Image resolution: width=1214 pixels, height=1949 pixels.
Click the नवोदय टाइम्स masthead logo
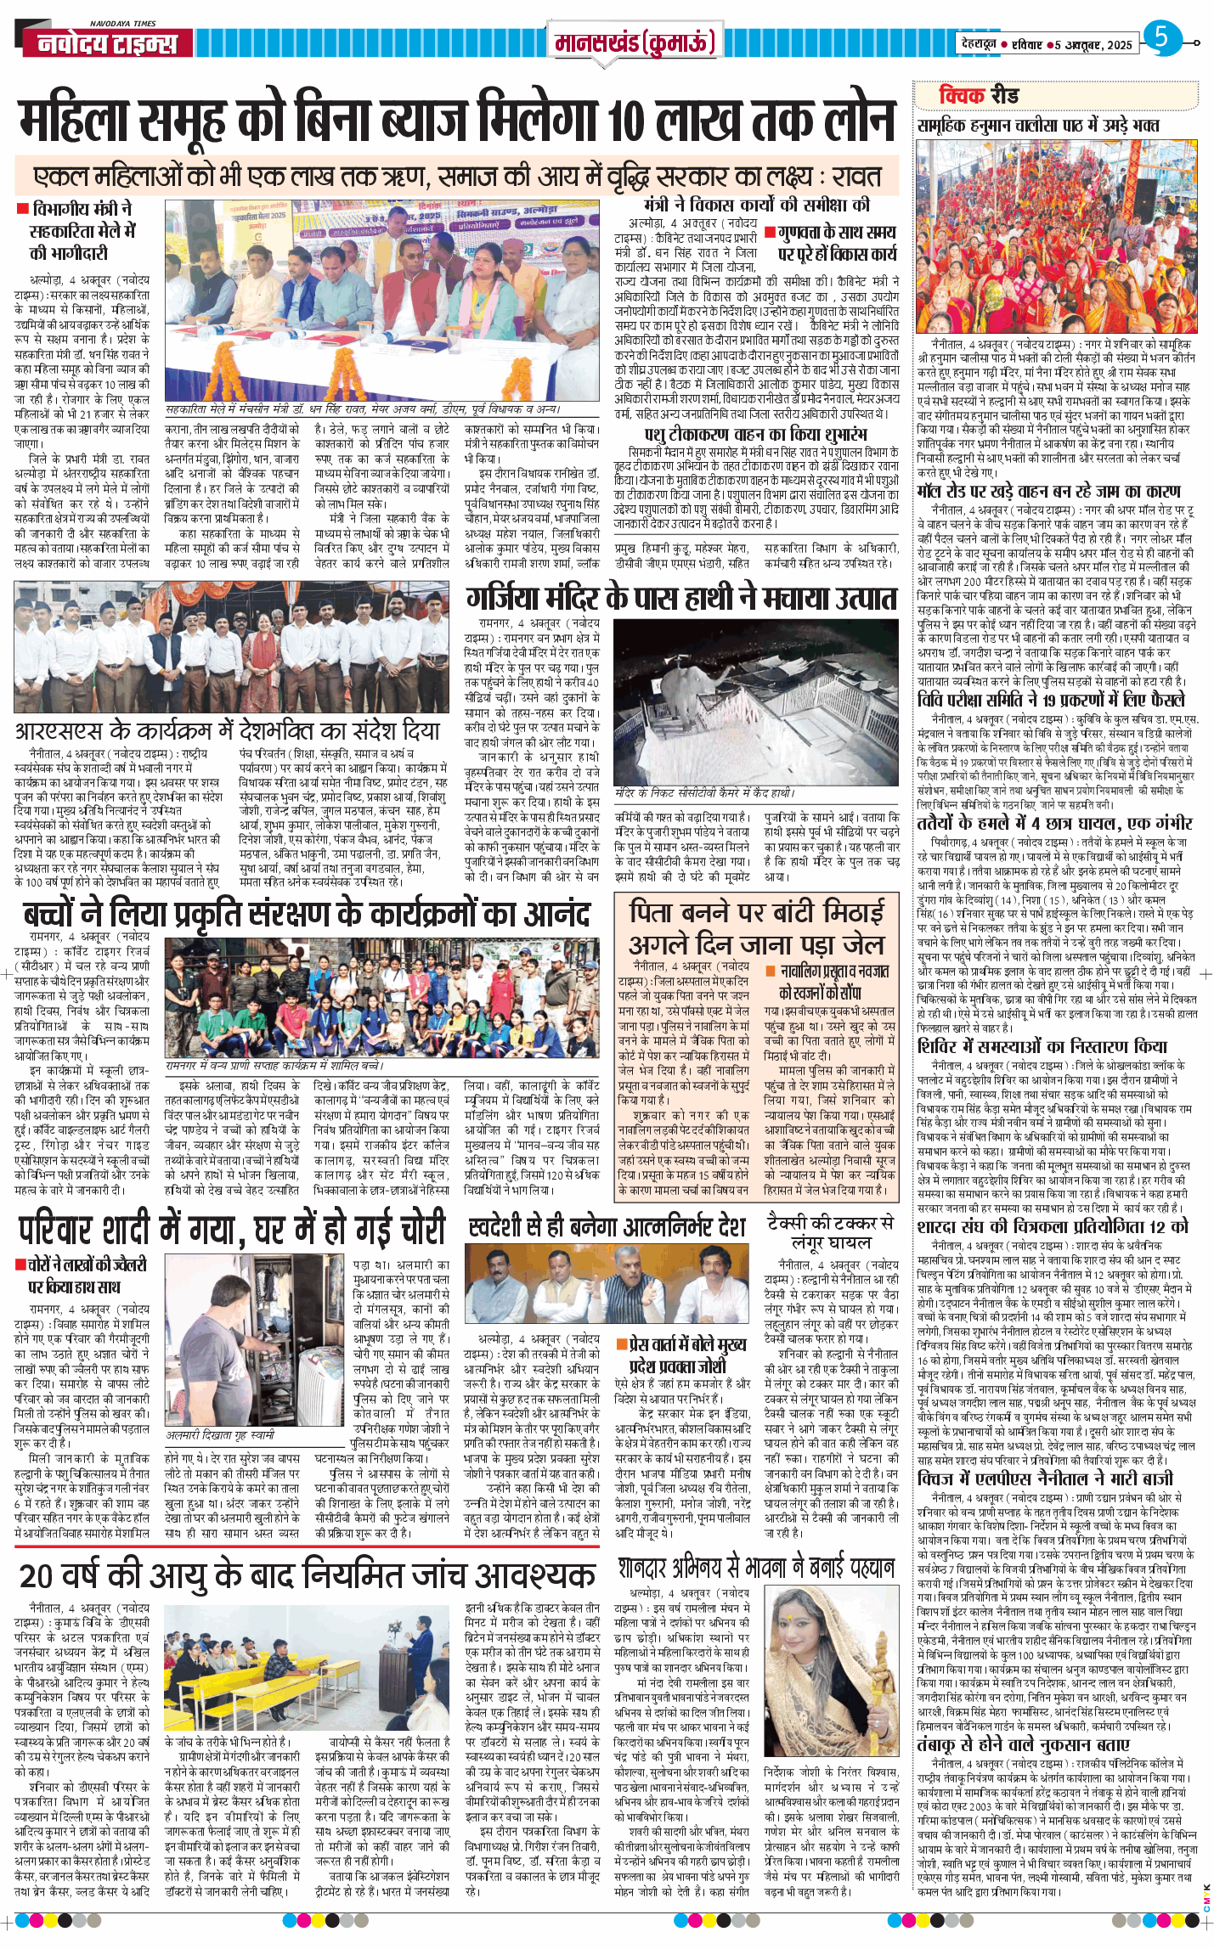[108, 43]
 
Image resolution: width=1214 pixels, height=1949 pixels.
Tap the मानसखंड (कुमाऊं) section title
[635, 42]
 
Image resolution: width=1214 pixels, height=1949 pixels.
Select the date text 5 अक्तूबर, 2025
[1093, 45]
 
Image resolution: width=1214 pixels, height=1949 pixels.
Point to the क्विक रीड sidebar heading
[978, 95]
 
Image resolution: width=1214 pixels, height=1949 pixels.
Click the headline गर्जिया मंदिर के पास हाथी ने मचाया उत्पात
[681, 599]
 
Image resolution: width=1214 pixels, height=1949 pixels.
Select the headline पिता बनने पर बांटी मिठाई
[756, 912]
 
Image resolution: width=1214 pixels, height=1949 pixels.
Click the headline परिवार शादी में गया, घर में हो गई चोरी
[232, 1229]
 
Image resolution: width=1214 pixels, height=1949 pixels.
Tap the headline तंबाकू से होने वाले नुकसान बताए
[1023, 1744]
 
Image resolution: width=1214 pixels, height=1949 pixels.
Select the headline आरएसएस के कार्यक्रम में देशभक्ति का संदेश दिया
[228, 731]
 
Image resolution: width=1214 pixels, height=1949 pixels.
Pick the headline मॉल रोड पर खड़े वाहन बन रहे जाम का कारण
[1048, 492]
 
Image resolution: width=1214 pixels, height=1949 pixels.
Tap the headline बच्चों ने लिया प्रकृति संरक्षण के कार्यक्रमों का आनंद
[306, 915]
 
